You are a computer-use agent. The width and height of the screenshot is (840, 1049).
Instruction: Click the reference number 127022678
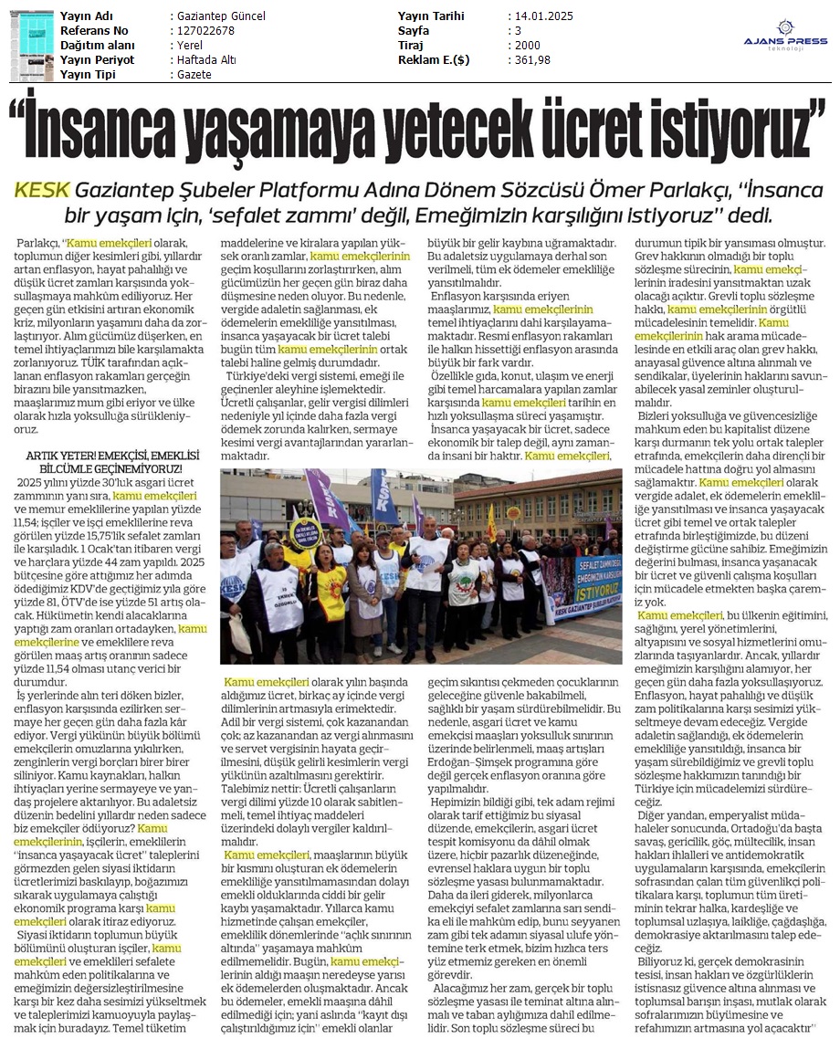tap(204, 31)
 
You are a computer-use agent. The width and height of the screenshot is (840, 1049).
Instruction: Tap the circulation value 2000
tap(527, 46)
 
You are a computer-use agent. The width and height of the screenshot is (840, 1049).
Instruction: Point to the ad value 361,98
tap(531, 60)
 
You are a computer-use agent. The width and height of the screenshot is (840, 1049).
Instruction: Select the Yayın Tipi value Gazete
tap(194, 75)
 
